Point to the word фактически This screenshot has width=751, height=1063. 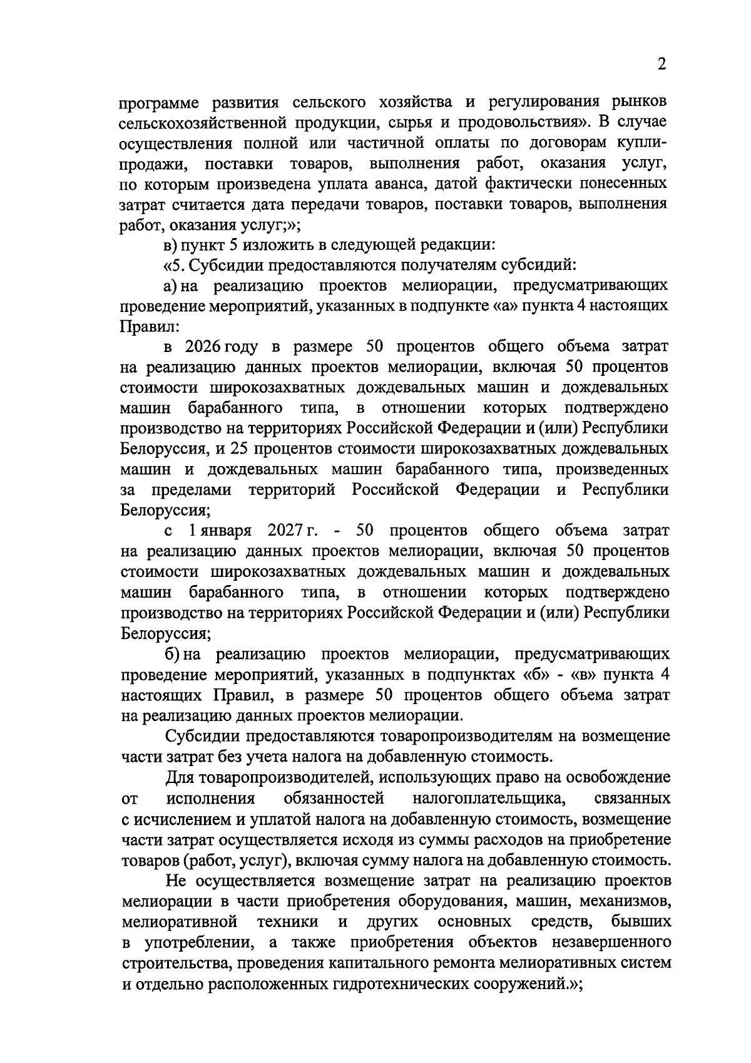point(519,184)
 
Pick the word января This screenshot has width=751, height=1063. point(221,531)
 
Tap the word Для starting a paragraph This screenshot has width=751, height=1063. point(180,778)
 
